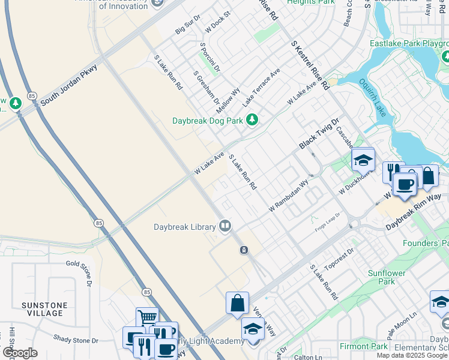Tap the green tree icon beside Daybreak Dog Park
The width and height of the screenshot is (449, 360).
pos(253,120)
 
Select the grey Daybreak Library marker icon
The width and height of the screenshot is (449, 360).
pos(225,226)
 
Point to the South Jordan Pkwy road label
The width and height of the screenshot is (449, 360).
pos(69,85)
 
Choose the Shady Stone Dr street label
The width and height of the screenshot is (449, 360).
pos(75,340)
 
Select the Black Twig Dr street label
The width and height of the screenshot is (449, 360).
pos(319,136)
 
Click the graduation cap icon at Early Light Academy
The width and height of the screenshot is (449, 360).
pos(253,329)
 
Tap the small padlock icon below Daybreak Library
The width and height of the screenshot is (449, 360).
pos(244,250)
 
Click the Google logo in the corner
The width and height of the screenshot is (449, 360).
pos(20,353)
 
